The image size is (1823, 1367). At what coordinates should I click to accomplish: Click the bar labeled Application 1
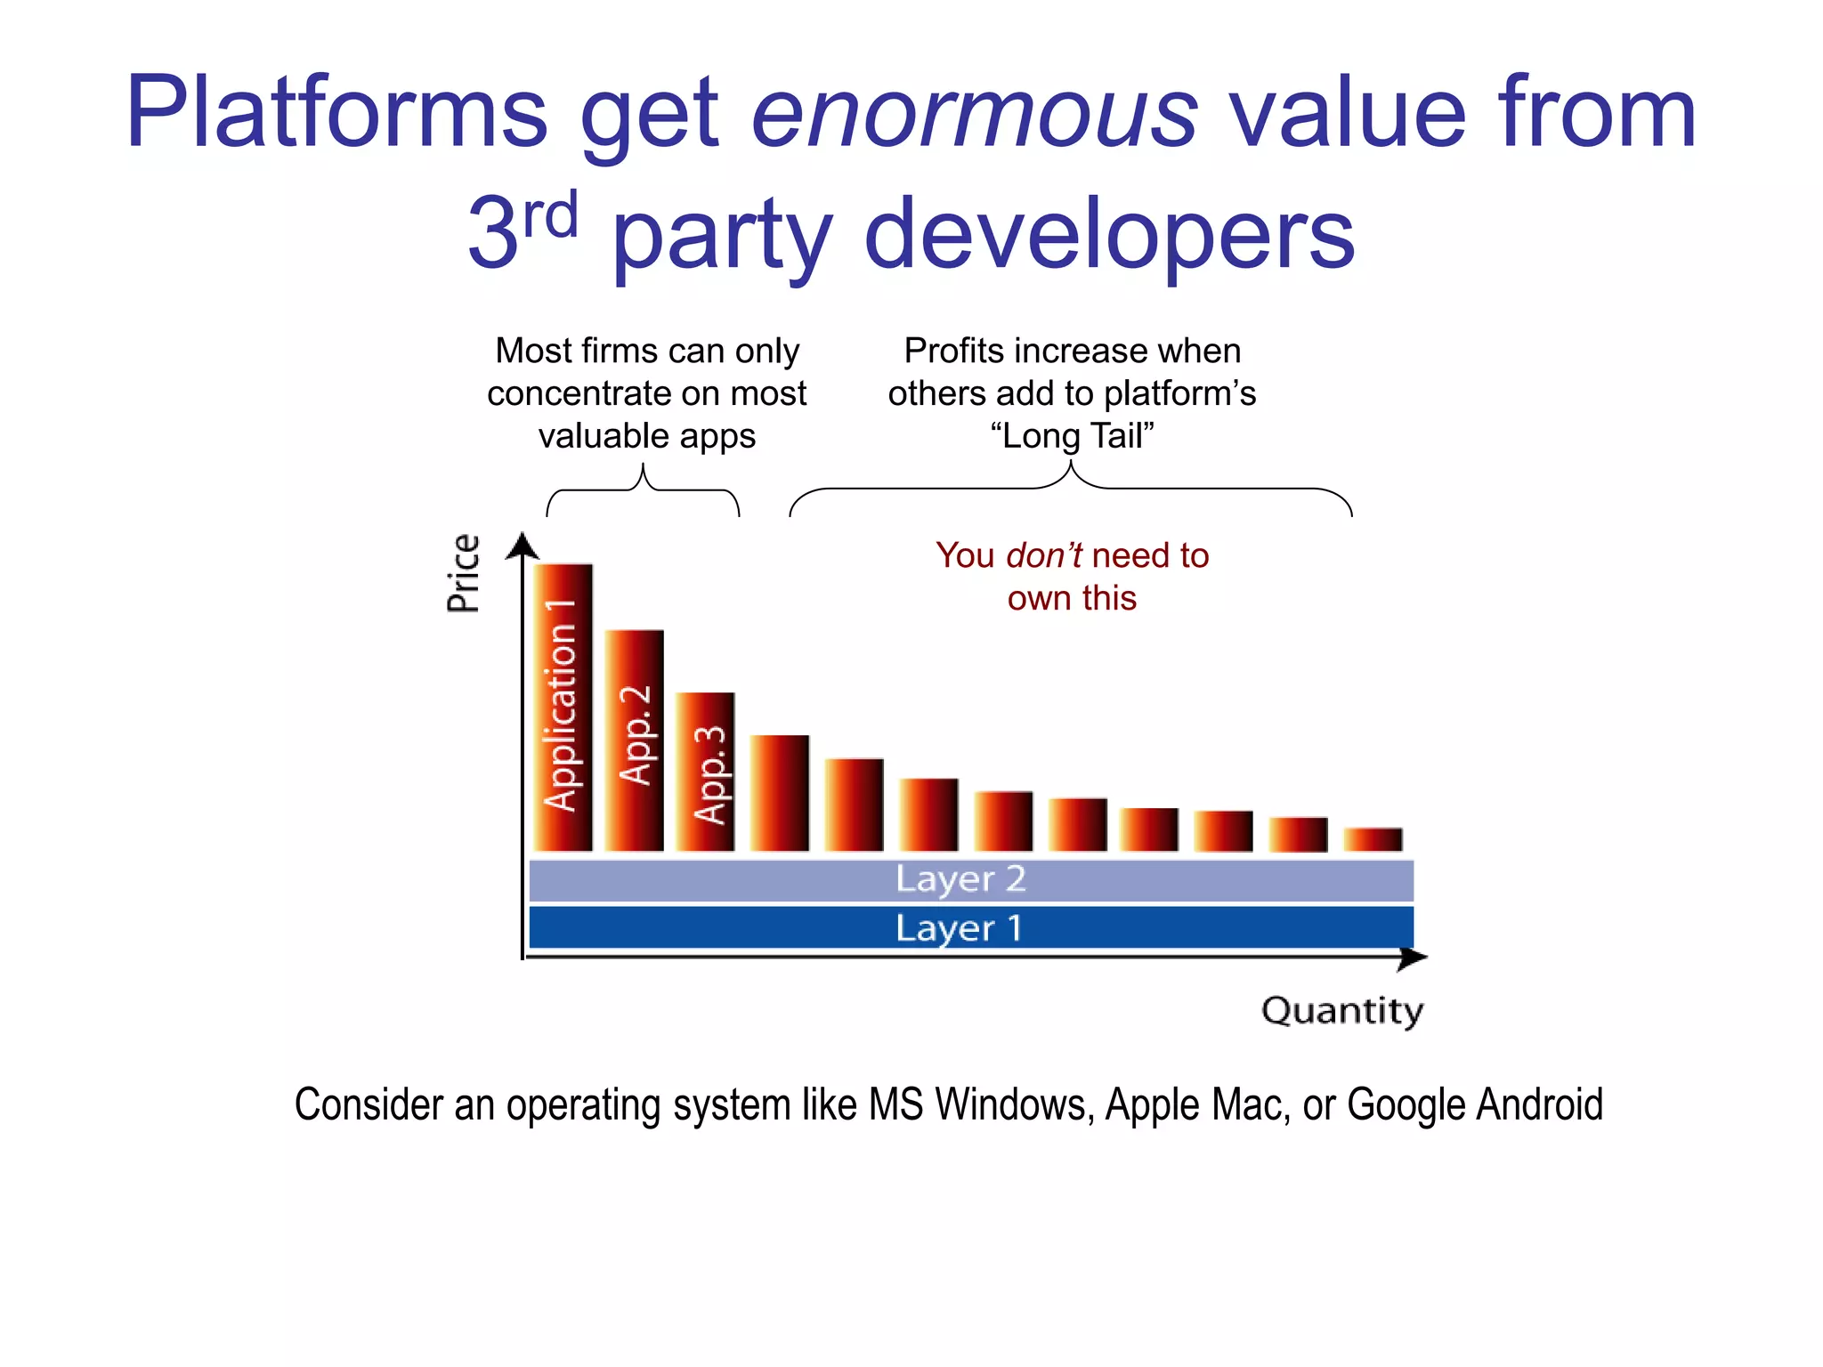(563, 708)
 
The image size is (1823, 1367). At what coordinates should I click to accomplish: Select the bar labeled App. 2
(635, 740)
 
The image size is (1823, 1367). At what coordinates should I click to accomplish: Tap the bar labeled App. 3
(705, 772)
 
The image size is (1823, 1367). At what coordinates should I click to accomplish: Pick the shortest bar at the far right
(1373, 839)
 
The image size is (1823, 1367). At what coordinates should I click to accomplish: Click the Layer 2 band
(970, 880)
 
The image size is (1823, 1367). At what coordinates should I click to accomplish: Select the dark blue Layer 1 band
(970, 928)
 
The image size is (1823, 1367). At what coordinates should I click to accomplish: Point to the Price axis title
(464, 573)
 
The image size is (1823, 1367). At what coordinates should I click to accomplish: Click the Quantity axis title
(1342, 1011)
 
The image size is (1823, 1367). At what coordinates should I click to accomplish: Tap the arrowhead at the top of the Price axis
(523, 545)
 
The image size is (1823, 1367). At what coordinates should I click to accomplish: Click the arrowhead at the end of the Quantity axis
(1414, 958)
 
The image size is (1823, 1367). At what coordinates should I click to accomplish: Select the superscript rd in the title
(551, 215)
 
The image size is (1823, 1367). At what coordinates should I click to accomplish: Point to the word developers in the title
(1109, 235)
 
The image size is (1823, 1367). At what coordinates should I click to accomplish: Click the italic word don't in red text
(1043, 556)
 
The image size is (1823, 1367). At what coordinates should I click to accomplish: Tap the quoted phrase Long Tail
(1072, 436)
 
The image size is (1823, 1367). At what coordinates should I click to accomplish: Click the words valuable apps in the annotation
(647, 436)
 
